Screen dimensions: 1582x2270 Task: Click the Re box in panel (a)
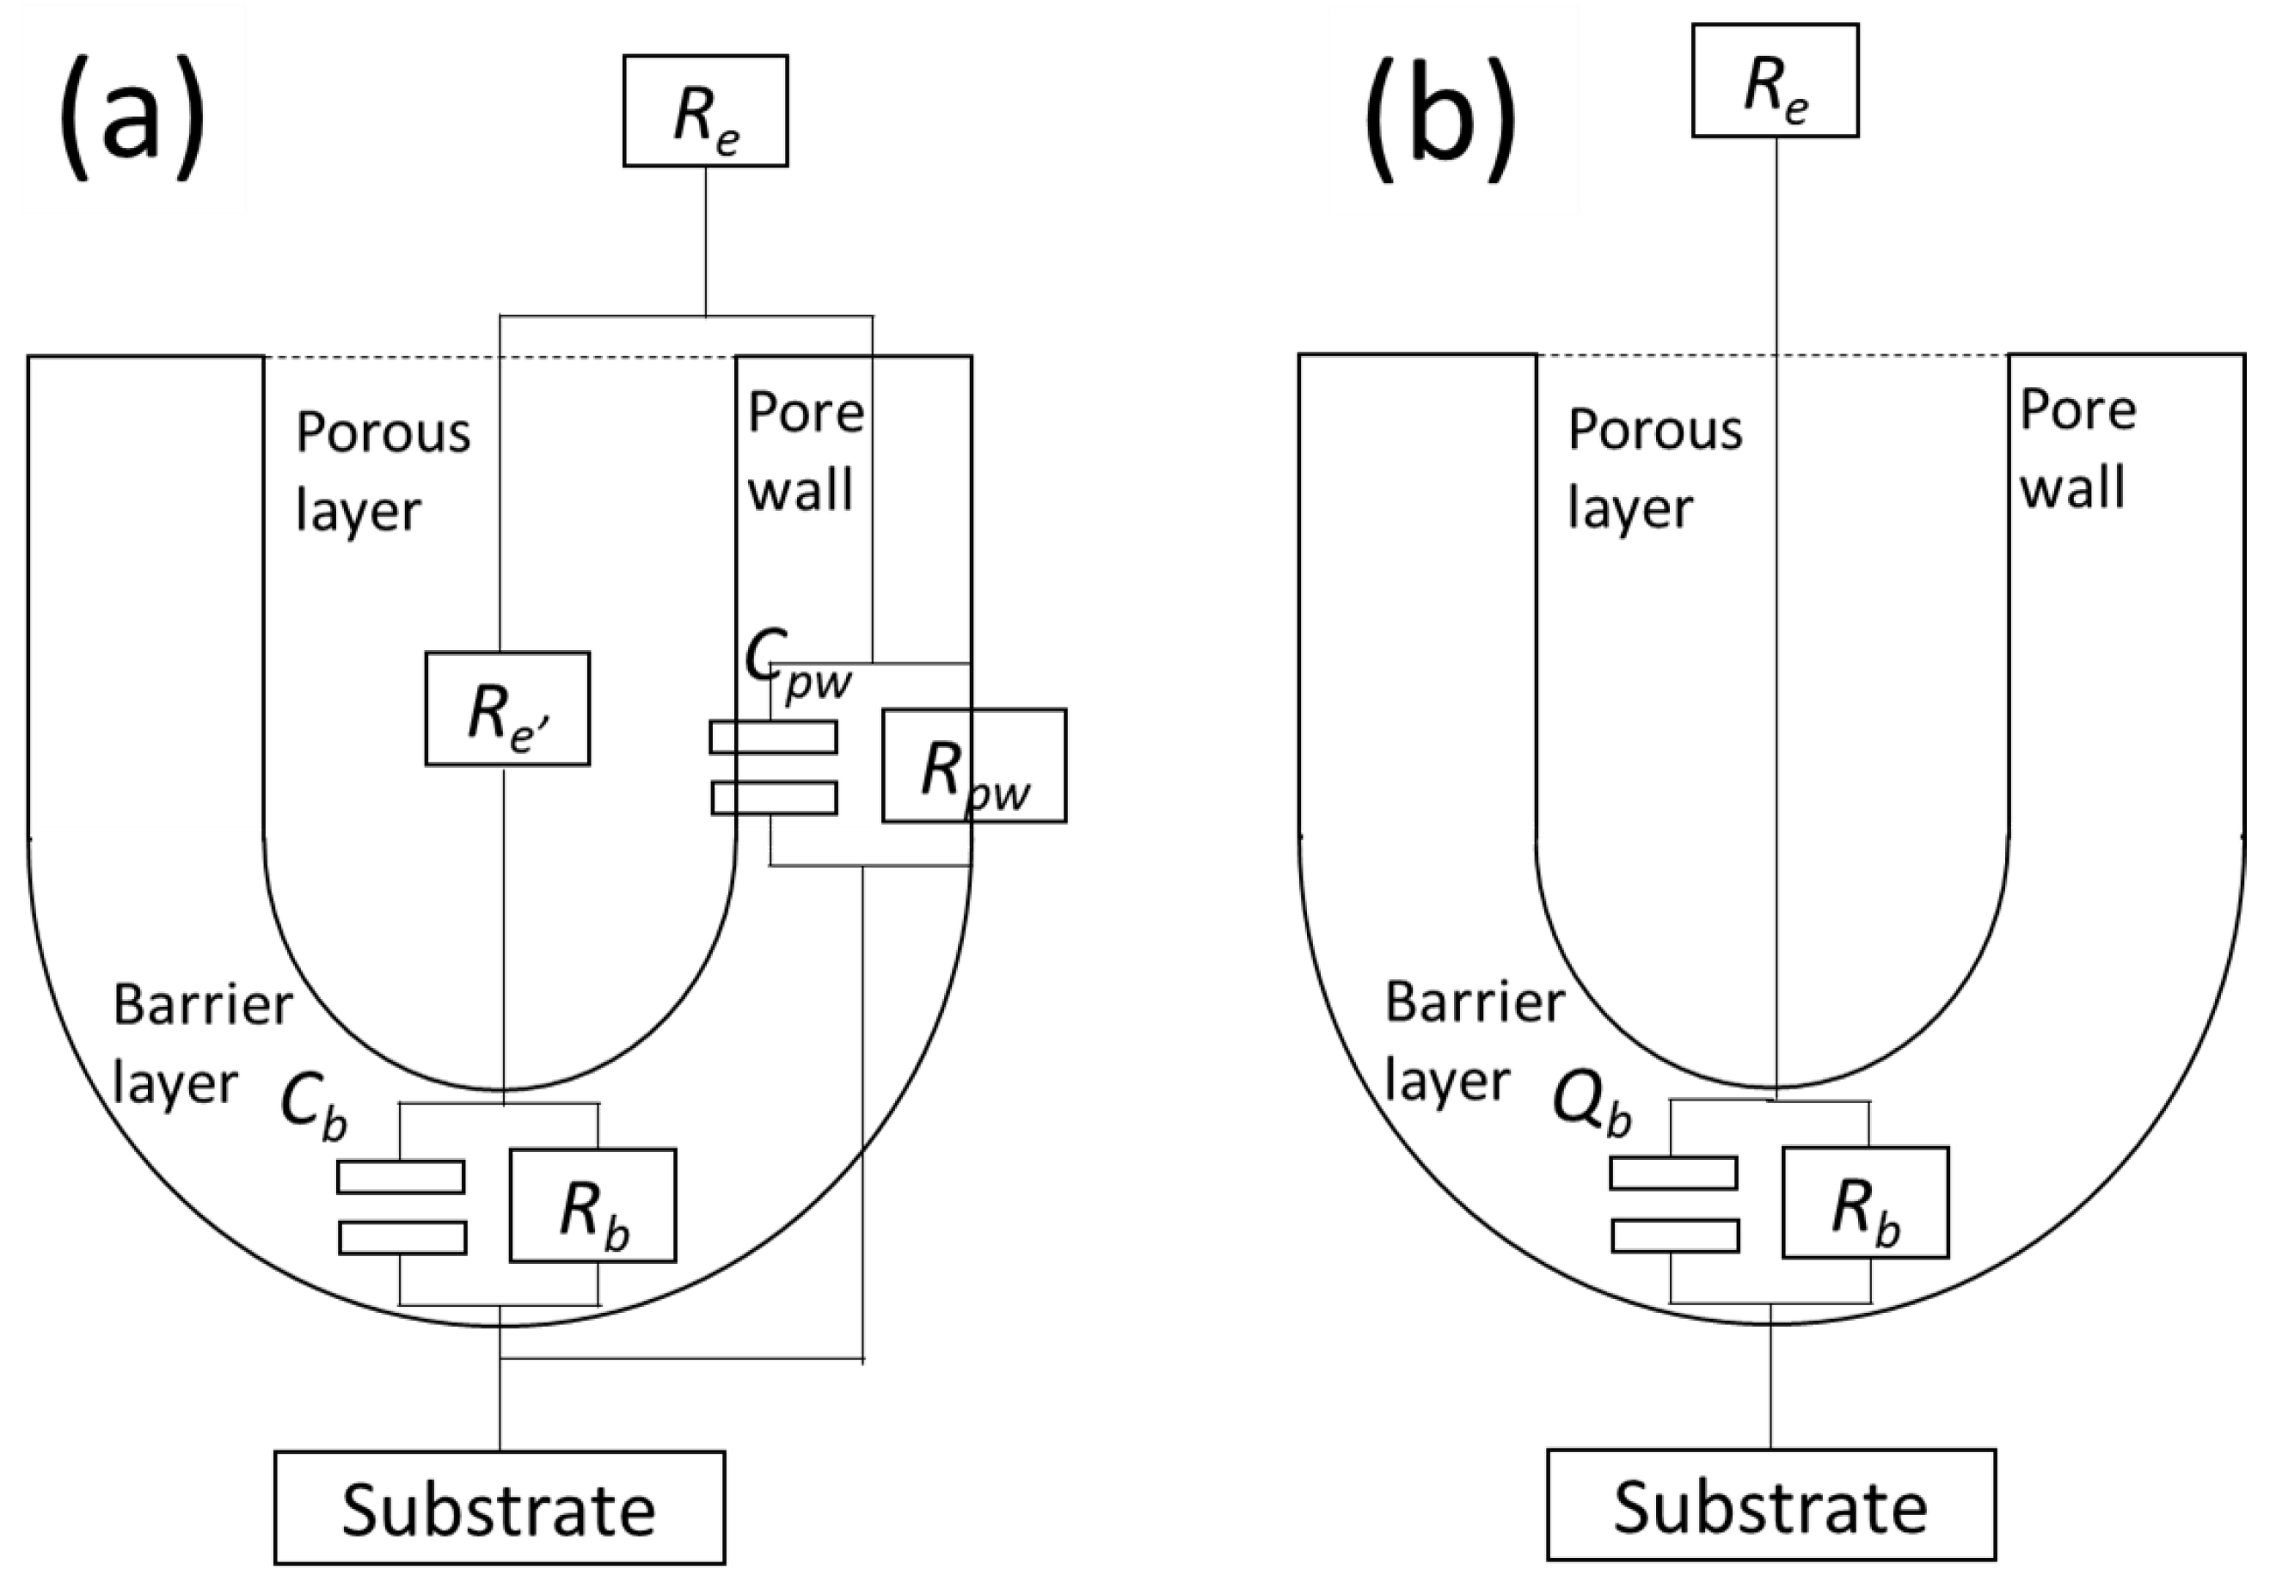click(705, 111)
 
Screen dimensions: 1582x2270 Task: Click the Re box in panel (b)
click(1775, 81)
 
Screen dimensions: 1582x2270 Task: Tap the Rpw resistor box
click(974, 765)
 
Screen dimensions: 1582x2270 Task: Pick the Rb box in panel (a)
click(592, 1205)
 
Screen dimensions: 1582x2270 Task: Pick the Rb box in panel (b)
click(1865, 1202)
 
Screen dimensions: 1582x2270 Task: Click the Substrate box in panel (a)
click(500, 1509)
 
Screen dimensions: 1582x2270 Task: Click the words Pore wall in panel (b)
click(2077, 450)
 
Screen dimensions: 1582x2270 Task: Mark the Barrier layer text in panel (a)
click(202, 1044)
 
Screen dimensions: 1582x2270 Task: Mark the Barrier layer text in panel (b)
click(1473, 1042)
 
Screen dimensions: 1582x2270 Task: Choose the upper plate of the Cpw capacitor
click(773, 737)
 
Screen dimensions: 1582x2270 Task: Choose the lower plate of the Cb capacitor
click(402, 1238)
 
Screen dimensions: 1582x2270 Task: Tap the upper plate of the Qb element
click(1673, 1173)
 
